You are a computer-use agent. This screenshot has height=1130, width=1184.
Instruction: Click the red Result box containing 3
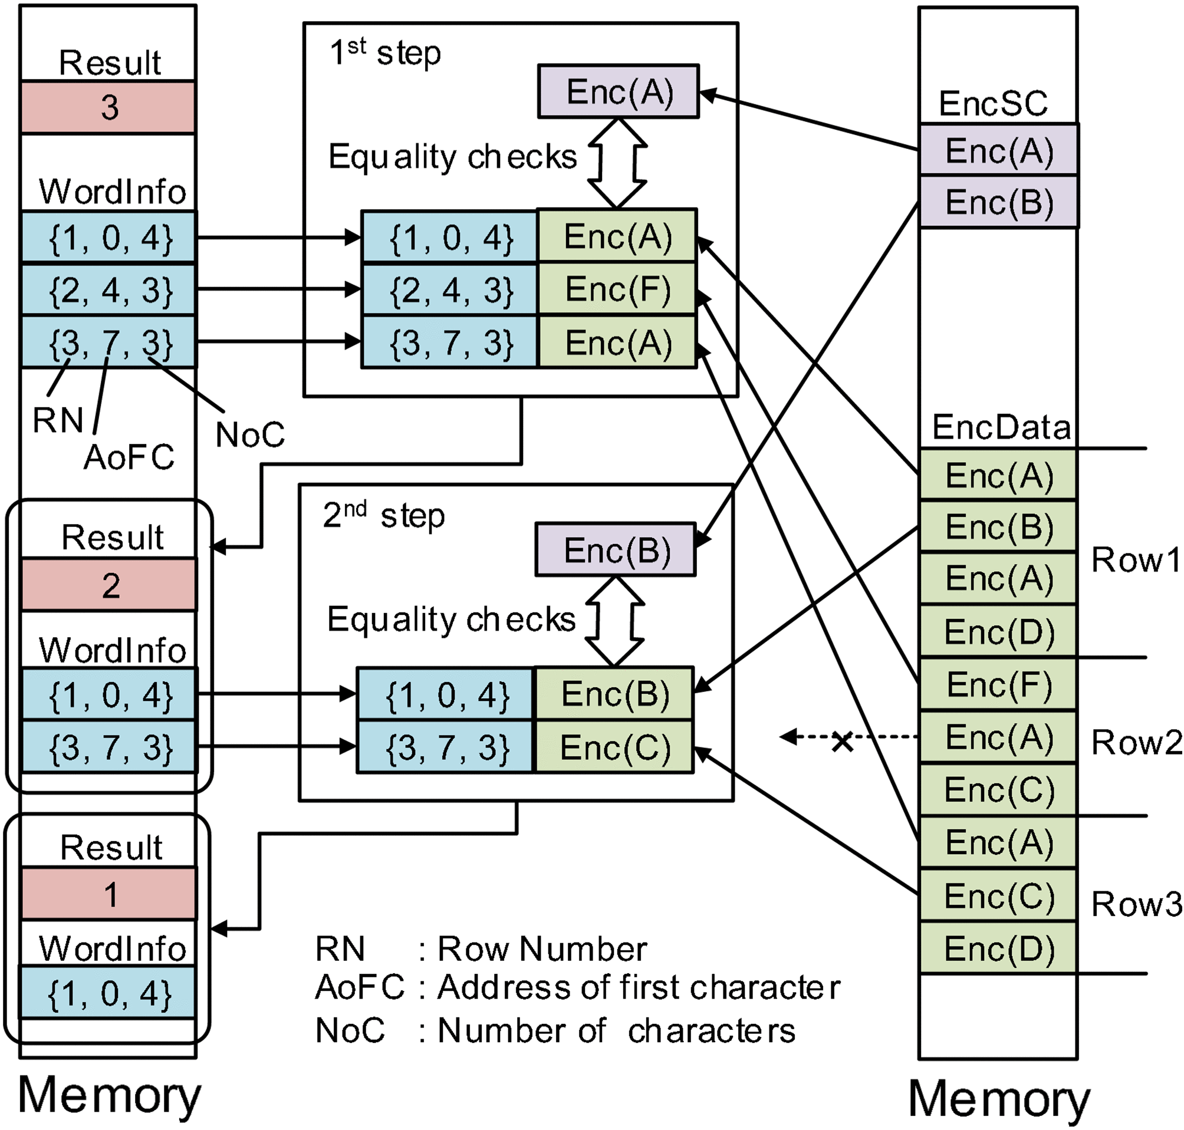tap(108, 107)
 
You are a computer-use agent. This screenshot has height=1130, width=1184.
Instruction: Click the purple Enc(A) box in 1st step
tap(618, 91)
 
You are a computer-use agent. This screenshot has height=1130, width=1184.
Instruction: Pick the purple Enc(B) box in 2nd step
tap(616, 550)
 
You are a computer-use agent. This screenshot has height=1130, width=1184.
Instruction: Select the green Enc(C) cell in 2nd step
tap(614, 747)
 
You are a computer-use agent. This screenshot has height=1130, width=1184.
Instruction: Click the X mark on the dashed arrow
tap(842, 742)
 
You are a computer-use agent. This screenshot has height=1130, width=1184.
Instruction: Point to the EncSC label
tap(993, 104)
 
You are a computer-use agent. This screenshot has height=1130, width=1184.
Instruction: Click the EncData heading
tap(1001, 428)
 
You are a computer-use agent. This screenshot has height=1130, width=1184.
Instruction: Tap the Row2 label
tap(1136, 742)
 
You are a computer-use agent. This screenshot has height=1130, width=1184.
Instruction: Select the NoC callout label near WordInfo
tap(249, 434)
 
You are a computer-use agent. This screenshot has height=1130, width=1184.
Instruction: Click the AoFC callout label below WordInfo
tap(129, 457)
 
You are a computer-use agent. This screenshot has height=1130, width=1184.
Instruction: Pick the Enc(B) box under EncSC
tap(998, 202)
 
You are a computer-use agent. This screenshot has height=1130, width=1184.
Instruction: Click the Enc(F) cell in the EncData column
tap(998, 685)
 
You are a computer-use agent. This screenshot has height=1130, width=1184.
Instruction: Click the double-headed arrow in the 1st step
tap(617, 163)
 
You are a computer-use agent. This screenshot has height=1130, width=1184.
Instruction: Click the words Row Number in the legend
tap(542, 949)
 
